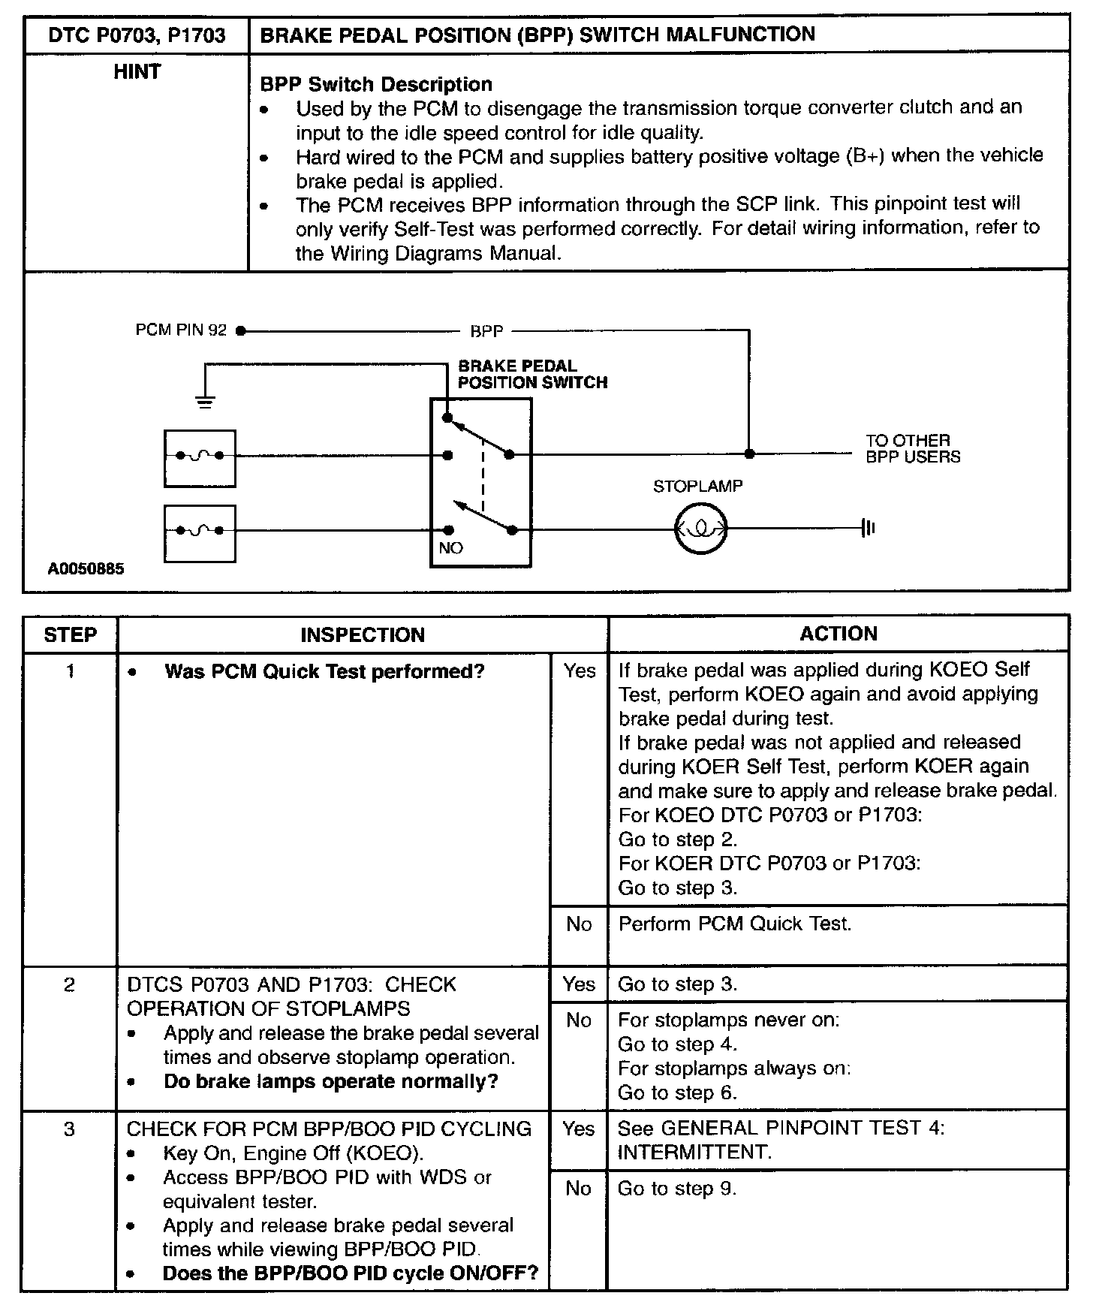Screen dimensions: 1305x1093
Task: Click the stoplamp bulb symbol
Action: point(701,529)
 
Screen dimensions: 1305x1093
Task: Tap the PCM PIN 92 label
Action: point(181,330)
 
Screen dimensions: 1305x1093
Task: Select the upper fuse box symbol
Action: point(200,458)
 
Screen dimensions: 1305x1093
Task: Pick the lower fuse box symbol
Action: point(200,533)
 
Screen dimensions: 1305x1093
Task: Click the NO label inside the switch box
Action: point(450,548)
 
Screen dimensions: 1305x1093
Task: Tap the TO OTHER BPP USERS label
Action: point(912,448)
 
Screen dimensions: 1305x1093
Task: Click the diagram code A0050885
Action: point(86,569)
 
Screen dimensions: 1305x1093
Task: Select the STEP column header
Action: point(70,635)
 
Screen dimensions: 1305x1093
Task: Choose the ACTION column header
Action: point(838,634)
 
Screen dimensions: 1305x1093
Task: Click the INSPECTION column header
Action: point(363,635)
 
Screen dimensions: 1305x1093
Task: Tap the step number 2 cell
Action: point(69,985)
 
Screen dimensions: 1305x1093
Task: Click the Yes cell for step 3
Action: point(578,1129)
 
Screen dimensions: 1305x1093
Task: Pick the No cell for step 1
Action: point(579,924)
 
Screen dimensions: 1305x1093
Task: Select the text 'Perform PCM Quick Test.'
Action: point(734,924)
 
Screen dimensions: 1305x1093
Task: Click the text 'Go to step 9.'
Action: point(677,1189)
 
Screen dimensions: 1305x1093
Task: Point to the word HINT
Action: point(137,72)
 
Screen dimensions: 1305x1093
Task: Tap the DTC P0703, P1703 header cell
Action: point(137,35)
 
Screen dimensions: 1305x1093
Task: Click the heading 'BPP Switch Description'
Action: point(376,84)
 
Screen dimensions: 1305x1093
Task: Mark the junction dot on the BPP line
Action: point(749,454)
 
